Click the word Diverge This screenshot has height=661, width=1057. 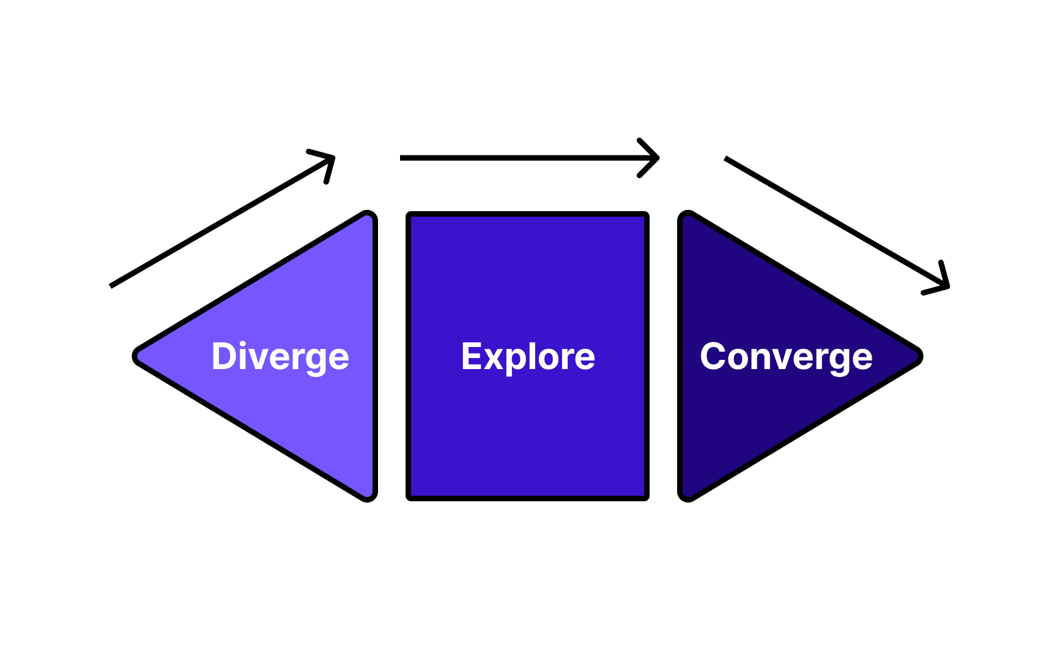tap(280, 357)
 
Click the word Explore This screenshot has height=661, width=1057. tap(528, 357)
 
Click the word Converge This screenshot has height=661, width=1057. tap(786, 357)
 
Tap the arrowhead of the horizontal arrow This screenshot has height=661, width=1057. tap(656, 158)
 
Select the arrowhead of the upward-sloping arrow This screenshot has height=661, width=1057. tap(332, 159)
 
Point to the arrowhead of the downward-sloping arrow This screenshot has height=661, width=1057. tap(946, 285)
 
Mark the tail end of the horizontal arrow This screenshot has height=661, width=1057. tap(402, 158)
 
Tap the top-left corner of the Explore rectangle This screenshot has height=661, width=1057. tap(409, 215)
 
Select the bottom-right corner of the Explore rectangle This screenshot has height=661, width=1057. tap(646, 498)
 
